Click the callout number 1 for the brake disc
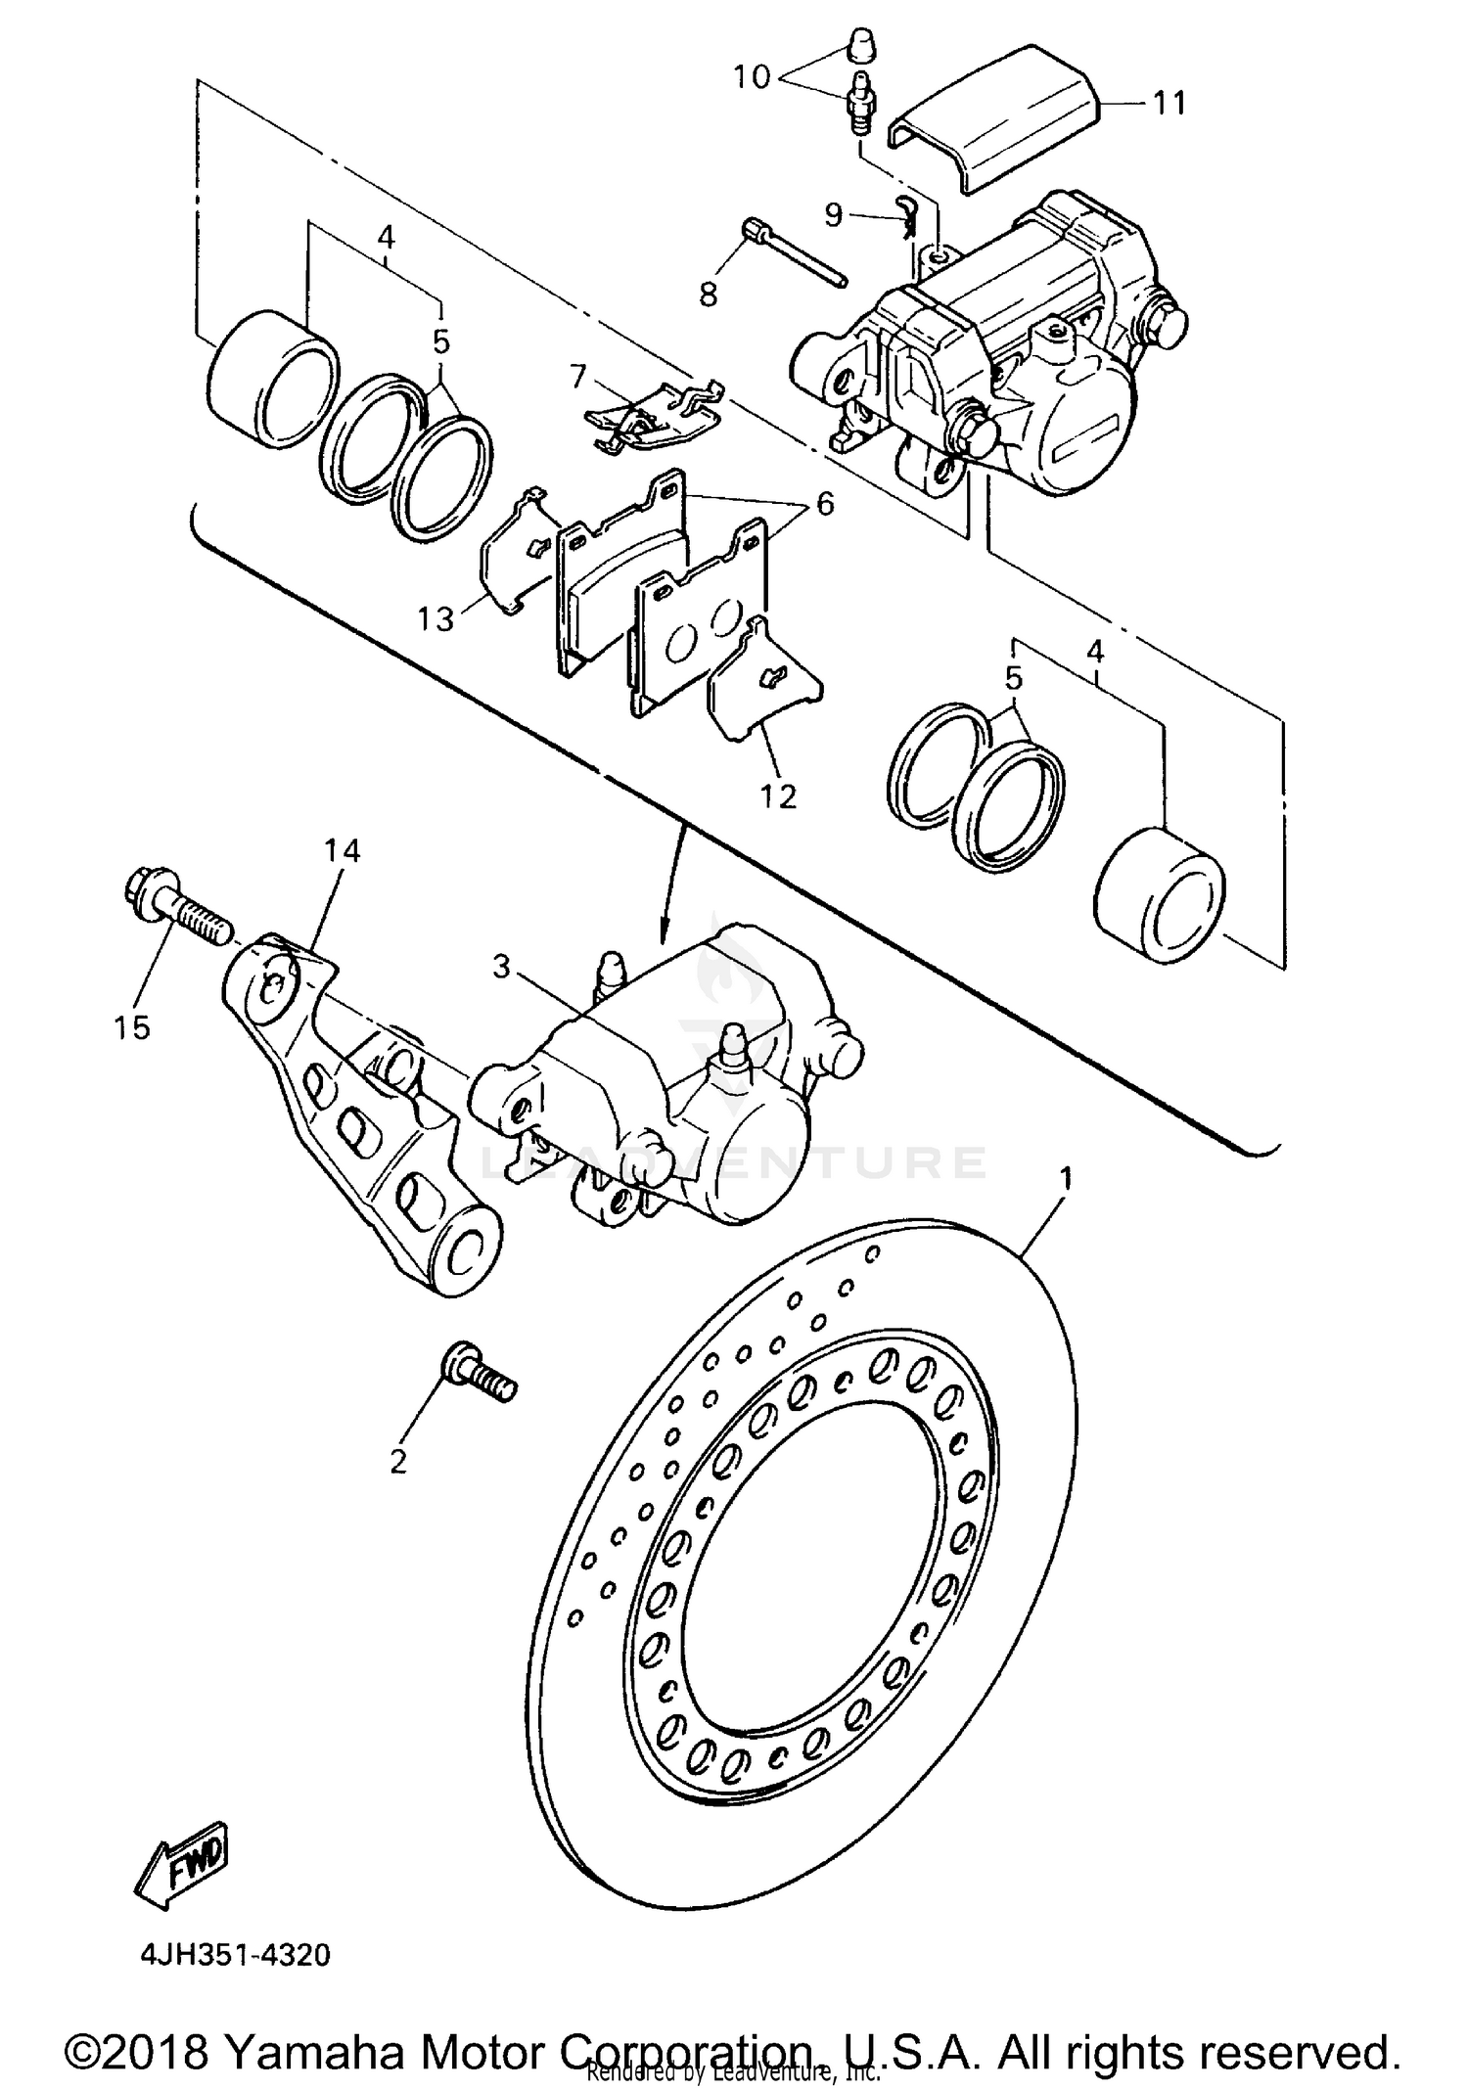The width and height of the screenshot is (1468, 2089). pyautogui.click(x=1066, y=1178)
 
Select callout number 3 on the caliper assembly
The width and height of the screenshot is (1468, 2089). pyautogui.click(x=501, y=967)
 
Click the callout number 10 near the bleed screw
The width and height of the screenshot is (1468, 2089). pyautogui.click(x=753, y=77)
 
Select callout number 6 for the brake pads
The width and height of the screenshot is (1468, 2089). pyautogui.click(x=825, y=504)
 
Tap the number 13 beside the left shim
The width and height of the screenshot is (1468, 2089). pyautogui.click(x=436, y=618)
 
